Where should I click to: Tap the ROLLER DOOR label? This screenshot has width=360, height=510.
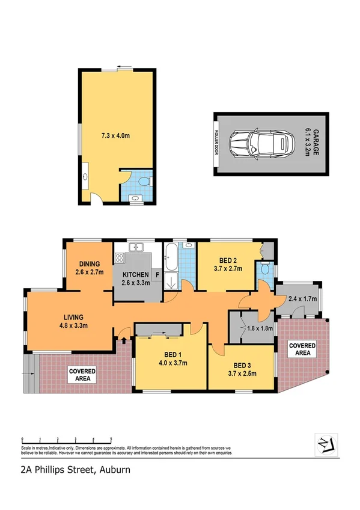pyautogui.click(x=217, y=144)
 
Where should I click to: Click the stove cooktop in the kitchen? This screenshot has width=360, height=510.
pyautogui.click(x=120, y=259)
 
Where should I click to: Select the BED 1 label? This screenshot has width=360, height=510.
pyautogui.click(x=162, y=358)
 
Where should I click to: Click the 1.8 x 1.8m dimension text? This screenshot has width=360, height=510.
pyautogui.click(x=260, y=328)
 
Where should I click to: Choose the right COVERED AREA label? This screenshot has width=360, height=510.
pyautogui.click(x=303, y=349)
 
